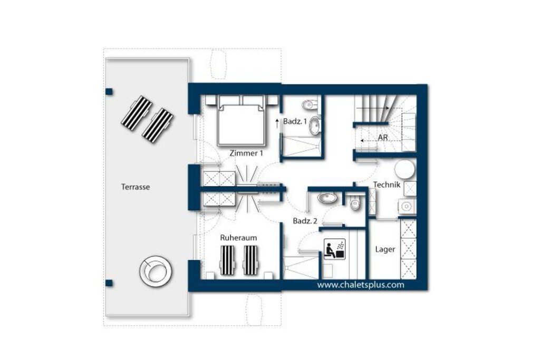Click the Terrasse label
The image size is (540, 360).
pos(136,187)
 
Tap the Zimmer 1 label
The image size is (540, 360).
pos(246,153)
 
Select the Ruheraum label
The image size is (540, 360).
pos(238,238)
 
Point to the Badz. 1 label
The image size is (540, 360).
pos(295,121)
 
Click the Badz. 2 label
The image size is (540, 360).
pos(305,221)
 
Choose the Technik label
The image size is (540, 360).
pos(387,184)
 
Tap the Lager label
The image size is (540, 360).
pos(385,249)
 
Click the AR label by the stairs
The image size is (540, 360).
pos(383,138)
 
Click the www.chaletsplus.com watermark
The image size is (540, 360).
pos(361,285)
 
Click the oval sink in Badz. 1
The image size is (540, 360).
pos(314,126)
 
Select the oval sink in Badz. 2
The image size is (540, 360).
pos(327,198)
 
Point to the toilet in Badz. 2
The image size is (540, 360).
pos(355,203)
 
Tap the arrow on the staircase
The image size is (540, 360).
pos(373,108)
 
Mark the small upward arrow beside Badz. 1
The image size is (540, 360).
pos(277,124)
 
